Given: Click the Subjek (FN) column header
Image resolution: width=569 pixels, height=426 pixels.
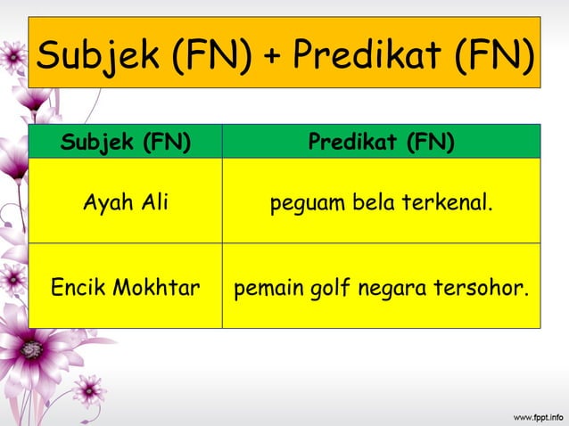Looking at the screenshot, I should [x=125, y=142].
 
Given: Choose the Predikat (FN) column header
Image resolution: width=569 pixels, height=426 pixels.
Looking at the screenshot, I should [x=381, y=142].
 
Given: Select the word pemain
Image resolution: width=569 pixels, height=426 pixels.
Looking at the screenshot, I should [x=264, y=288].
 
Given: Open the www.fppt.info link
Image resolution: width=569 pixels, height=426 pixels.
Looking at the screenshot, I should [x=536, y=415].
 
